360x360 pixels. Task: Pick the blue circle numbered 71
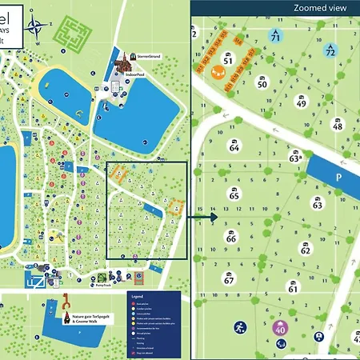pos(276,36)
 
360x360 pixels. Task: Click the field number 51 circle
pos(228,60)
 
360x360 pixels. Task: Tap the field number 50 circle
pos(262,82)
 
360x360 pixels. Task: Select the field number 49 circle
pos(301,102)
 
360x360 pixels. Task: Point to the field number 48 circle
pos(338,126)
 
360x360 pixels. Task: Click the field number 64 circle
pos(234,147)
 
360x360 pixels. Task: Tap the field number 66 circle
pos(231,238)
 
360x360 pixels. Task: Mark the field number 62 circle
pos(305,249)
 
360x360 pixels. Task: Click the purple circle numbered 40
pos(280,327)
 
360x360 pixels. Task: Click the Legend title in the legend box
pos(137,296)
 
